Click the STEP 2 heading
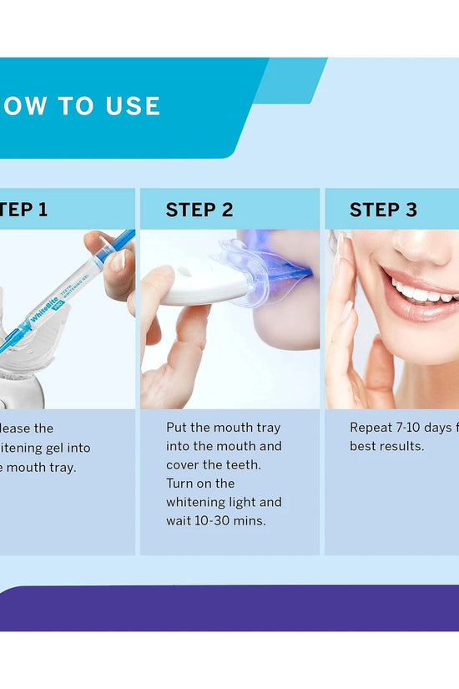pyautogui.click(x=199, y=210)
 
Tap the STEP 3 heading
pyautogui.click(x=383, y=210)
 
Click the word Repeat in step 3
pyautogui.click(x=370, y=428)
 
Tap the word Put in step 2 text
pyautogui.click(x=177, y=428)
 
